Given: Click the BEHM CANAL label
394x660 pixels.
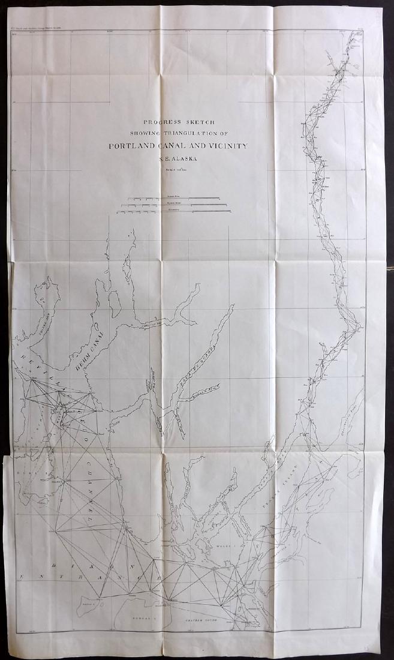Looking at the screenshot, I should click(93, 349).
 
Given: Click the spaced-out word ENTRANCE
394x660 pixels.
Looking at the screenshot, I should click(90, 577).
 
